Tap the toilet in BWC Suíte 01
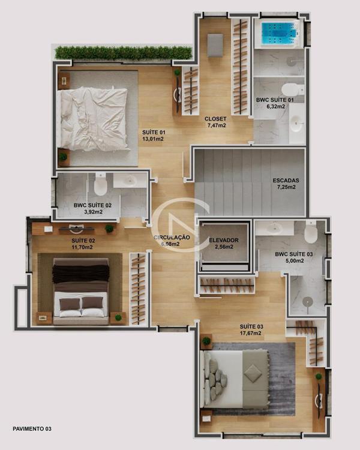[x=292, y=90]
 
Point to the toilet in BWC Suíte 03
[x=310, y=232]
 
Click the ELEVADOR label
[x=224, y=240]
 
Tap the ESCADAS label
[x=286, y=181]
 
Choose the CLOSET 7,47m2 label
[x=215, y=122]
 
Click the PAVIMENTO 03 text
[x=32, y=429]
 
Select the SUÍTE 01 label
[x=154, y=133]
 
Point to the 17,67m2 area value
[x=251, y=333]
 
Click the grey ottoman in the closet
[x=215, y=45]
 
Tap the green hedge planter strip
[x=124, y=53]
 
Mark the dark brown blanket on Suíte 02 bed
[x=80, y=274]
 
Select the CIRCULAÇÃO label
[x=172, y=238]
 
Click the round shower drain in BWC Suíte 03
[x=307, y=301]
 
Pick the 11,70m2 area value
[x=82, y=247]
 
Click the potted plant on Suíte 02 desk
[x=109, y=229]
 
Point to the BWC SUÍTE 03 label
[x=293, y=254]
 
